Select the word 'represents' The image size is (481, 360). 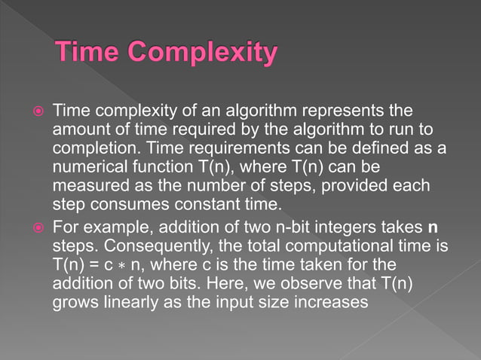(343, 111)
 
